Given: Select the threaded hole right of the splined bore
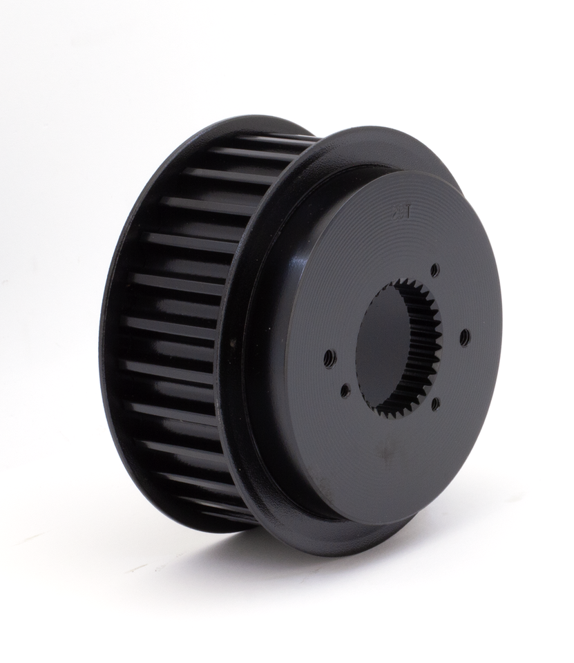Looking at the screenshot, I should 464,337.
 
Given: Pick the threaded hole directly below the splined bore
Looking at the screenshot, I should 435,403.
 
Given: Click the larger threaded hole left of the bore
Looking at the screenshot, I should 329,358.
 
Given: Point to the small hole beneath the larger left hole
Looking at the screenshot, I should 345,391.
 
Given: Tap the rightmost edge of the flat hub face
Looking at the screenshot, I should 501,331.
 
